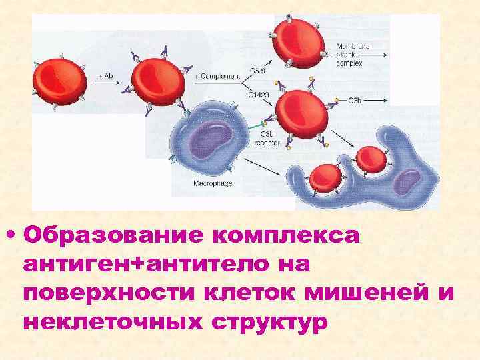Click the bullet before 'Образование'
click(x=10, y=236)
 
